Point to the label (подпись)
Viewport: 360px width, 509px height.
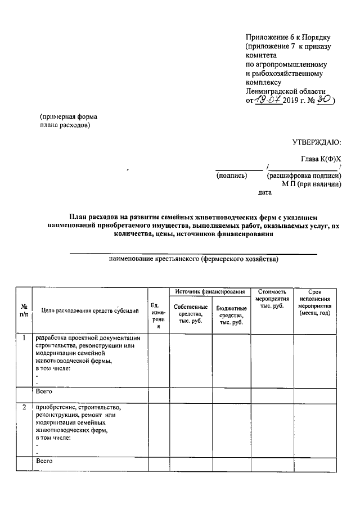click(x=232, y=175)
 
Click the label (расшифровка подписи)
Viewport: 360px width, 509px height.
click(x=304, y=175)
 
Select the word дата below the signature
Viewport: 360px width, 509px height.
click(x=264, y=193)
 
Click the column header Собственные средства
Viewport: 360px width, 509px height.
click(x=191, y=314)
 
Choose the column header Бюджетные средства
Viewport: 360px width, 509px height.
click(x=231, y=316)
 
